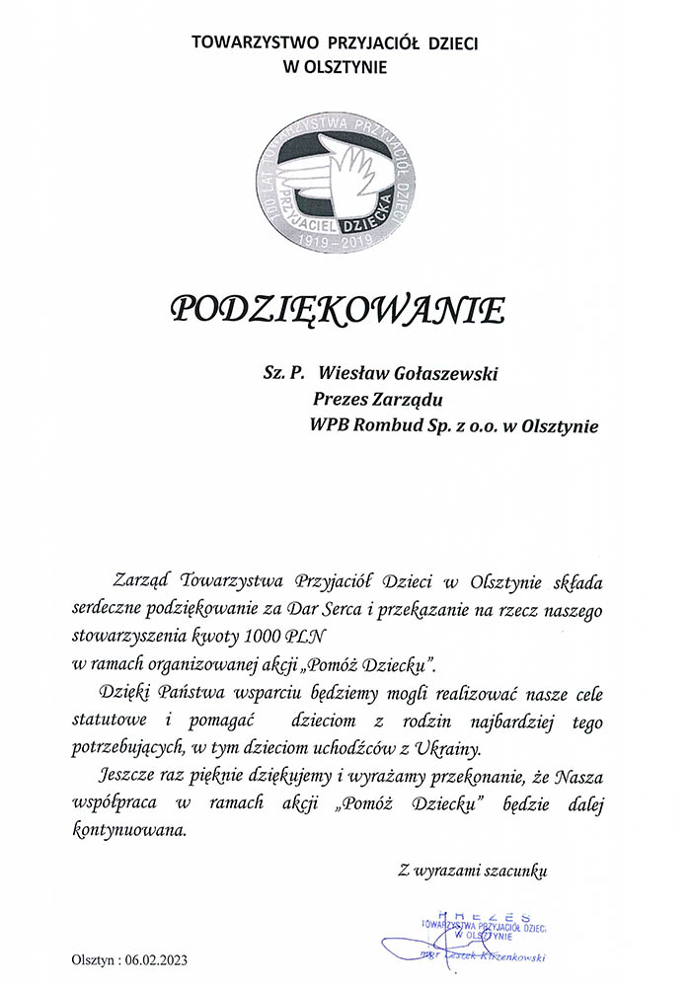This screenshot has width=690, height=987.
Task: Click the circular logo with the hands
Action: [x=337, y=183]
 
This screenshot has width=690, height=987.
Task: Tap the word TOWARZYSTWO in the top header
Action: [x=243, y=42]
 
